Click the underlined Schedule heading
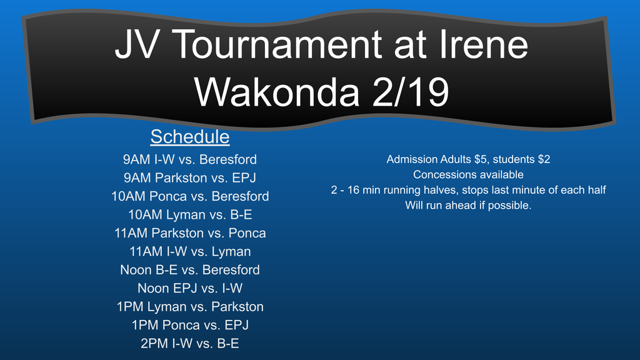pyautogui.click(x=190, y=137)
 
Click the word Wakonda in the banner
pyautogui.click(x=277, y=92)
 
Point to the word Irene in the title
pyautogui.click(x=484, y=44)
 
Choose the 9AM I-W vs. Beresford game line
pyautogui.click(x=190, y=159)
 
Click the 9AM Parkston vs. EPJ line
pyautogui.click(x=190, y=177)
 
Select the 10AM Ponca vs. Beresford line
pyautogui.click(x=190, y=196)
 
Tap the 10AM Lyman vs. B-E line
pyautogui.click(x=190, y=214)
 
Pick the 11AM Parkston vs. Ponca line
pyautogui.click(x=190, y=232)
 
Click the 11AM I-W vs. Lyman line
pyautogui.click(x=190, y=251)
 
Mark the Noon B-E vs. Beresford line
pyautogui.click(x=190, y=269)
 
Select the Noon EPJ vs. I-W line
pyautogui.click(x=190, y=287)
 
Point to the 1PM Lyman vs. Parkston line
pyautogui.click(x=190, y=306)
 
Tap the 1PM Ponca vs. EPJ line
pyautogui.click(x=190, y=324)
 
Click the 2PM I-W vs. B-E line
pyautogui.click(x=190, y=343)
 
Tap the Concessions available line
pyautogui.click(x=468, y=174)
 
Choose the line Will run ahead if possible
pyautogui.click(x=468, y=205)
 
